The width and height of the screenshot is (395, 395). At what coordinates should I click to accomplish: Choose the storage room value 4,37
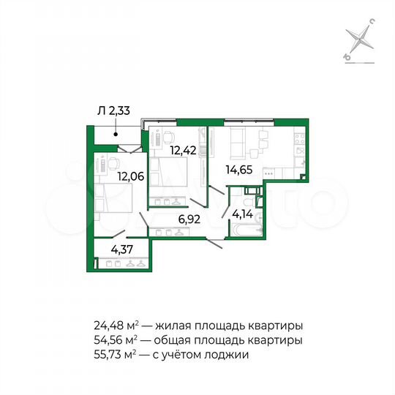click(x=123, y=248)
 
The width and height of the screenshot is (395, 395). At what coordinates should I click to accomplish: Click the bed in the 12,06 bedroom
click(x=111, y=200)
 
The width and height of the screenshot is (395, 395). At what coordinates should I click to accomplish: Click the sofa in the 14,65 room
click(x=239, y=142)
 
